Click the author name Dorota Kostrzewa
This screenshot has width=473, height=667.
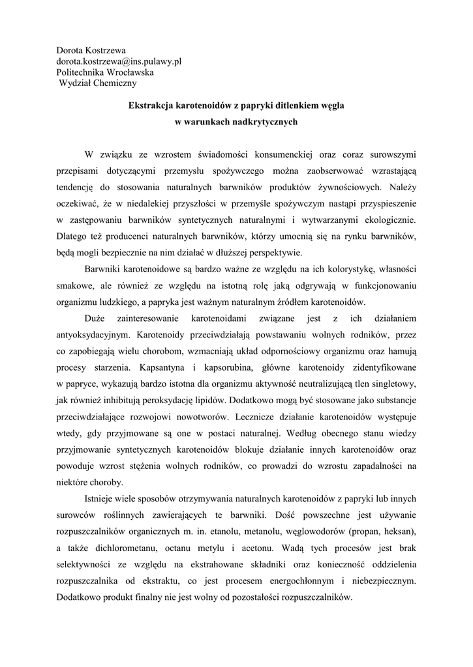91,50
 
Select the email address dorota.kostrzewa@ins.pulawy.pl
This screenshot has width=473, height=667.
118,61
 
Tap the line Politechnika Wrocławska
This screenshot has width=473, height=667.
105,72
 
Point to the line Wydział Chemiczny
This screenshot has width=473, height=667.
98,83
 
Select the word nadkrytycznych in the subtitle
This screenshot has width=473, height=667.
262,121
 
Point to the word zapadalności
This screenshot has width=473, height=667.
363,466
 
